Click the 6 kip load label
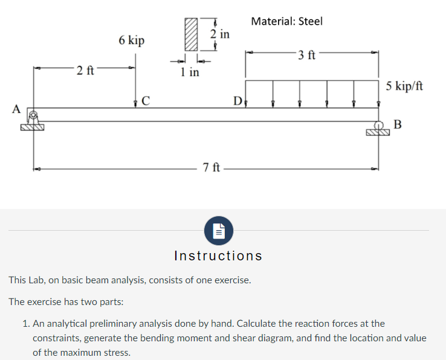pos(131,40)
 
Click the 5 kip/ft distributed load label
pos(404,86)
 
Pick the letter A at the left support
pos(17,109)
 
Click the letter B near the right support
pos(397,125)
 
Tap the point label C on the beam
pos(146,100)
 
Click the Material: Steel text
pos(286,21)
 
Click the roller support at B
pos(379,129)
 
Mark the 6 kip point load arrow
pos(135,82)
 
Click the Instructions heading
pos(218,256)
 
